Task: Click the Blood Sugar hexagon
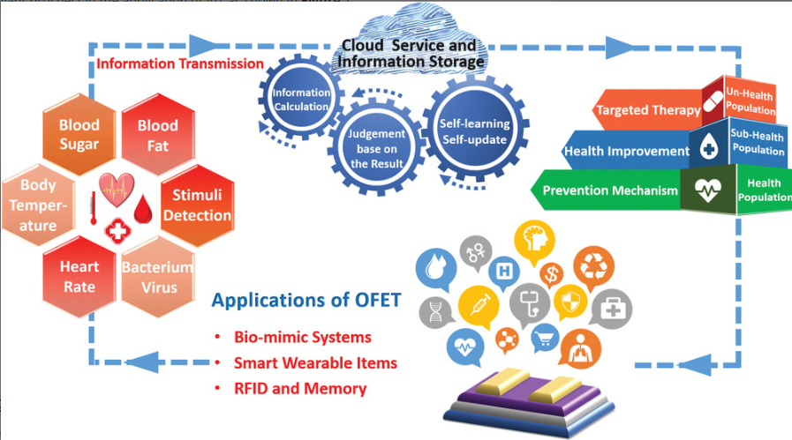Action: tap(79, 136)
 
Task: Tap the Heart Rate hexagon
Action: tap(79, 275)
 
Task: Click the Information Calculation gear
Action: tap(301, 100)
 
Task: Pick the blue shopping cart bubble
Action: tap(545, 337)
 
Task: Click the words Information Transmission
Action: tap(180, 63)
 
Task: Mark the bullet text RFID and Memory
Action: tap(300, 388)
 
